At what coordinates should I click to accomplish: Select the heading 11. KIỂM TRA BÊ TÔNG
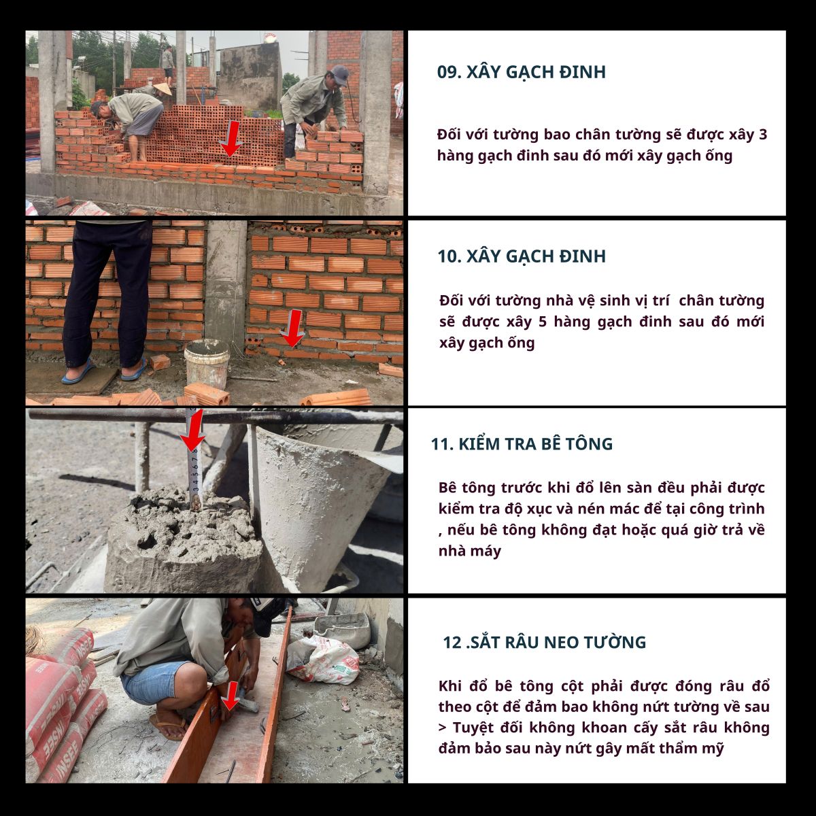tap(522, 444)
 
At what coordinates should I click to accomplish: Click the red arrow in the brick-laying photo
tap(231, 138)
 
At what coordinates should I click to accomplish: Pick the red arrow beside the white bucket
tap(292, 328)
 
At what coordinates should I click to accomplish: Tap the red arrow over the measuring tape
tap(192, 430)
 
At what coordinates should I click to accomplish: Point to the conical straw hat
tap(163, 88)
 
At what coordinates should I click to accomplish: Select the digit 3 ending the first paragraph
tap(763, 135)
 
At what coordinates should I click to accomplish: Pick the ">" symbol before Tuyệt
tap(443, 728)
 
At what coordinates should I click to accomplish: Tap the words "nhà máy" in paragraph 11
tap(470, 551)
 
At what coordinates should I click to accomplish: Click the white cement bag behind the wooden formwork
tap(324, 660)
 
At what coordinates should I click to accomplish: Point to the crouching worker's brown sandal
tap(168, 727)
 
